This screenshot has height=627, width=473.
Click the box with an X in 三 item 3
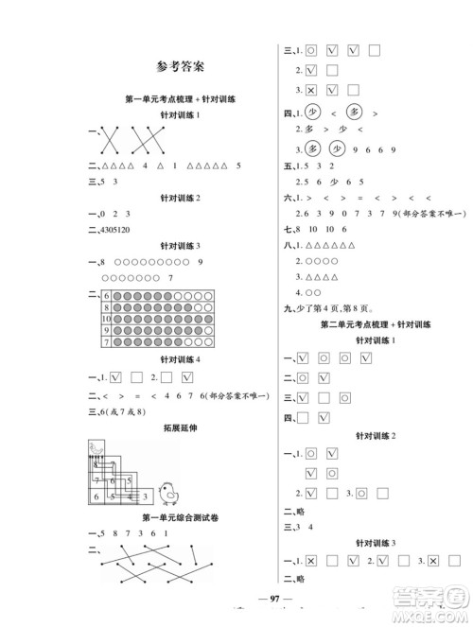310,90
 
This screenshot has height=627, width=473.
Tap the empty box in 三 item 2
331,70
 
